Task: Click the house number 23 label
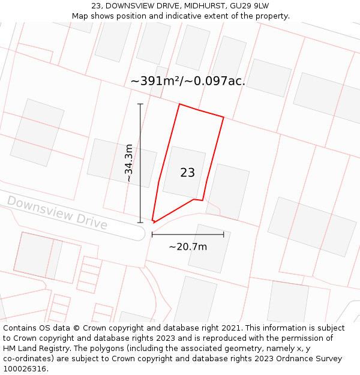[187, 173]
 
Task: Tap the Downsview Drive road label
[57, 212]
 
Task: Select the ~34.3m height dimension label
[128, 163]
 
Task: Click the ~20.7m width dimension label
[188, 247]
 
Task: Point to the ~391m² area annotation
[188, 81]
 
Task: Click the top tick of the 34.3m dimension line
[140, 104]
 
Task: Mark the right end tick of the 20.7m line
[224, 235]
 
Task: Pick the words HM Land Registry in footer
[34, 349]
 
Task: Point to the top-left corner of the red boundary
[179, 104]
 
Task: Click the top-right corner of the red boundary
[224, 117]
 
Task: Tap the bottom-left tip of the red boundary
[153, 222]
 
